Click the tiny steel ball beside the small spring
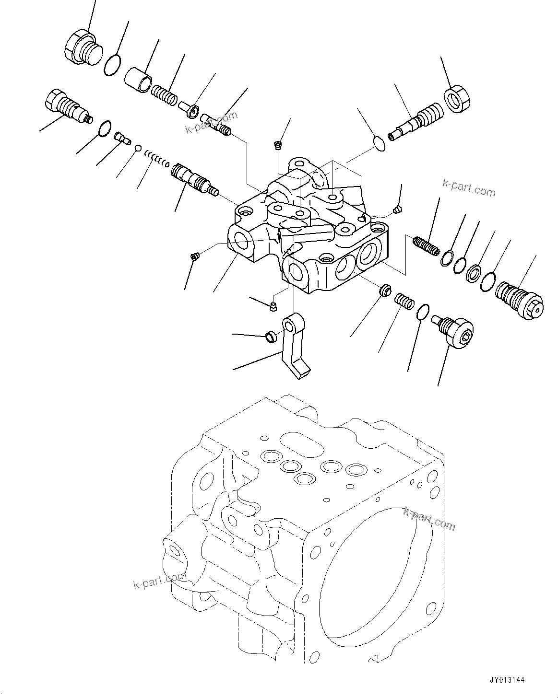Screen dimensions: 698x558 tap(138, 148)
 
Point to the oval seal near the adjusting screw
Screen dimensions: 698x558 tap(379, 143)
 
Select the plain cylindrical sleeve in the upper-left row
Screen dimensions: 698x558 tap(139, 79)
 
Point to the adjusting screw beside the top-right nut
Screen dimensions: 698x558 tap(413, 122)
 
